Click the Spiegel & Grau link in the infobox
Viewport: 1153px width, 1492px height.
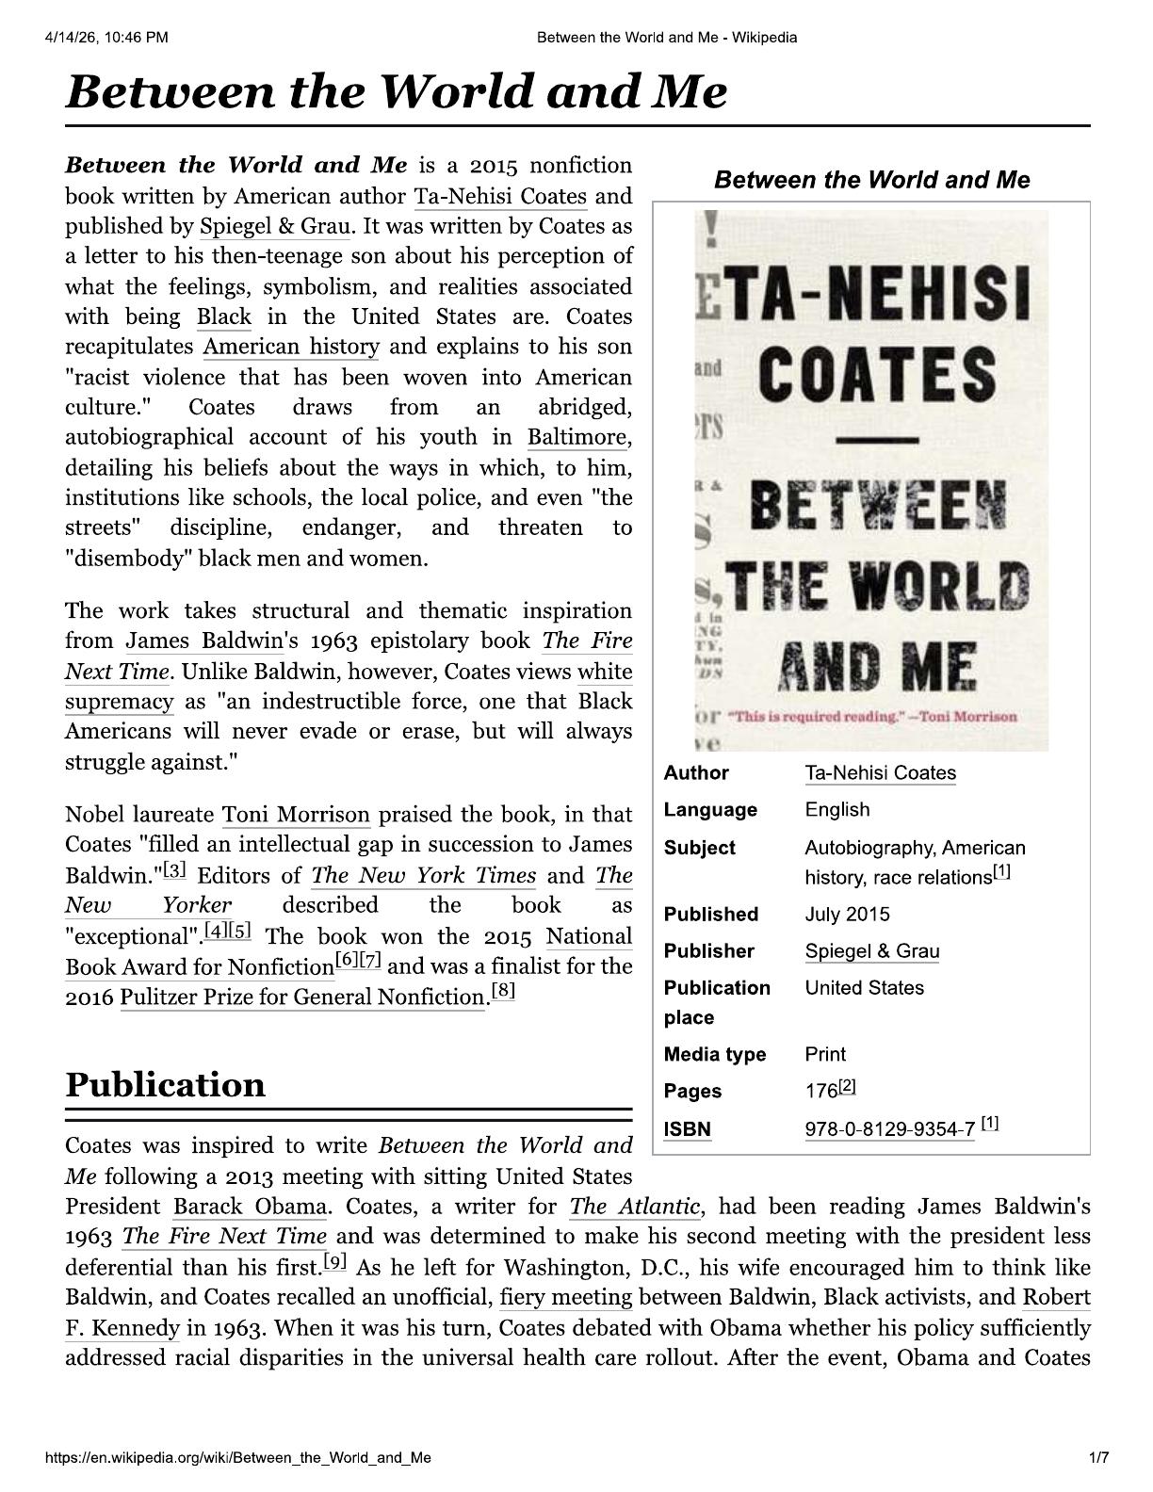871,951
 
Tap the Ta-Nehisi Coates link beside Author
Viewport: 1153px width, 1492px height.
880,773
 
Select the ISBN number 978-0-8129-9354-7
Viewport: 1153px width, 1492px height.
889,1129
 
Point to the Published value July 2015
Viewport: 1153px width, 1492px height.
847,915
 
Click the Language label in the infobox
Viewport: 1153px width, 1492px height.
710,810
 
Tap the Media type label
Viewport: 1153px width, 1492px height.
714,1054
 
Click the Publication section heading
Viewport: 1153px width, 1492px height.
166,1085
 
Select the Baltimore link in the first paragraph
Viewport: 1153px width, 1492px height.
576,437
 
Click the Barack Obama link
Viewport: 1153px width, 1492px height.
250,1207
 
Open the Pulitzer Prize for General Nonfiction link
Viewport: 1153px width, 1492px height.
301,997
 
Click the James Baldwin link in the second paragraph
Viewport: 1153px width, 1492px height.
204,641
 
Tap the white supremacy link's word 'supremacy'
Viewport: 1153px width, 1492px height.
120,702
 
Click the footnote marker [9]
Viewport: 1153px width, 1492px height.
334,1260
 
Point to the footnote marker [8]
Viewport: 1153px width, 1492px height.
503,991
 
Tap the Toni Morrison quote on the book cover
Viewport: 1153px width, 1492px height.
872,717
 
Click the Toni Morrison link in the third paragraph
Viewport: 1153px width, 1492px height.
296,815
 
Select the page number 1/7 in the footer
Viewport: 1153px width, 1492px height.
1098,1458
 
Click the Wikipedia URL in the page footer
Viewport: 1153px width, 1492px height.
238,1458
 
